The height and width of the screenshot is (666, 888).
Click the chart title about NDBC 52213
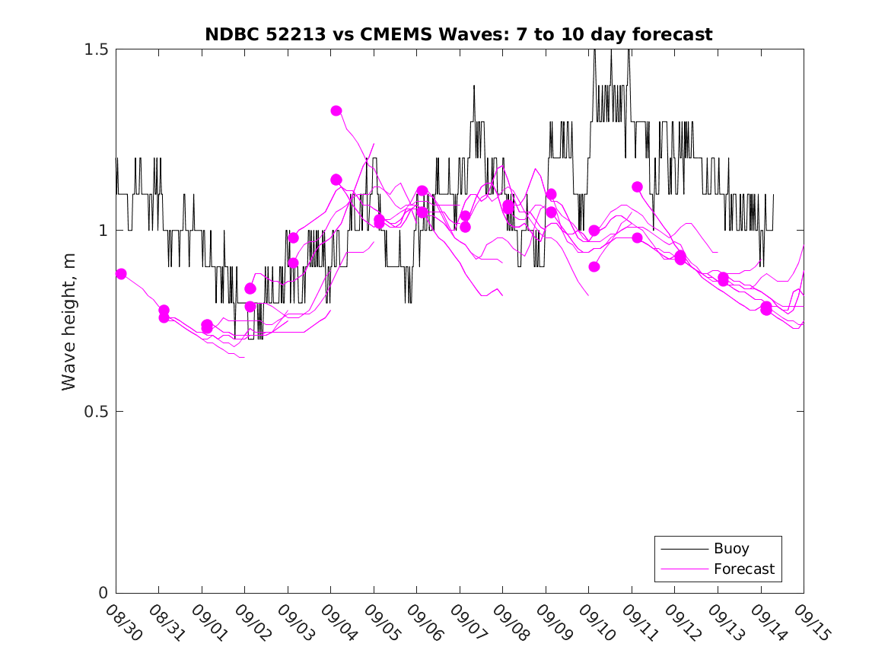click(x=459, y=34)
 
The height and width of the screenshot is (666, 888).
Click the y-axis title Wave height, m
click(x=69, y=321)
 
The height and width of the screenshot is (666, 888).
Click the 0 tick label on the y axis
click(x=103, y=593)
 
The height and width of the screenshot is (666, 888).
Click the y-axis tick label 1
click(x=103, y=231)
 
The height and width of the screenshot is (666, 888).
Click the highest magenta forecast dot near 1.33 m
click(x=336, y=110)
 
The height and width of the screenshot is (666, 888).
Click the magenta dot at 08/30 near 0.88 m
click(x=121, y=274)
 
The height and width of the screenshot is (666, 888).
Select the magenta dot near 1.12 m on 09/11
click(x=637, y=186)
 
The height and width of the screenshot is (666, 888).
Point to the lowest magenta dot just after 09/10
click(x=594, y=266)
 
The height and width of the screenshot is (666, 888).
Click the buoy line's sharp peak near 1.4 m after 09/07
click(x=474, y=86)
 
